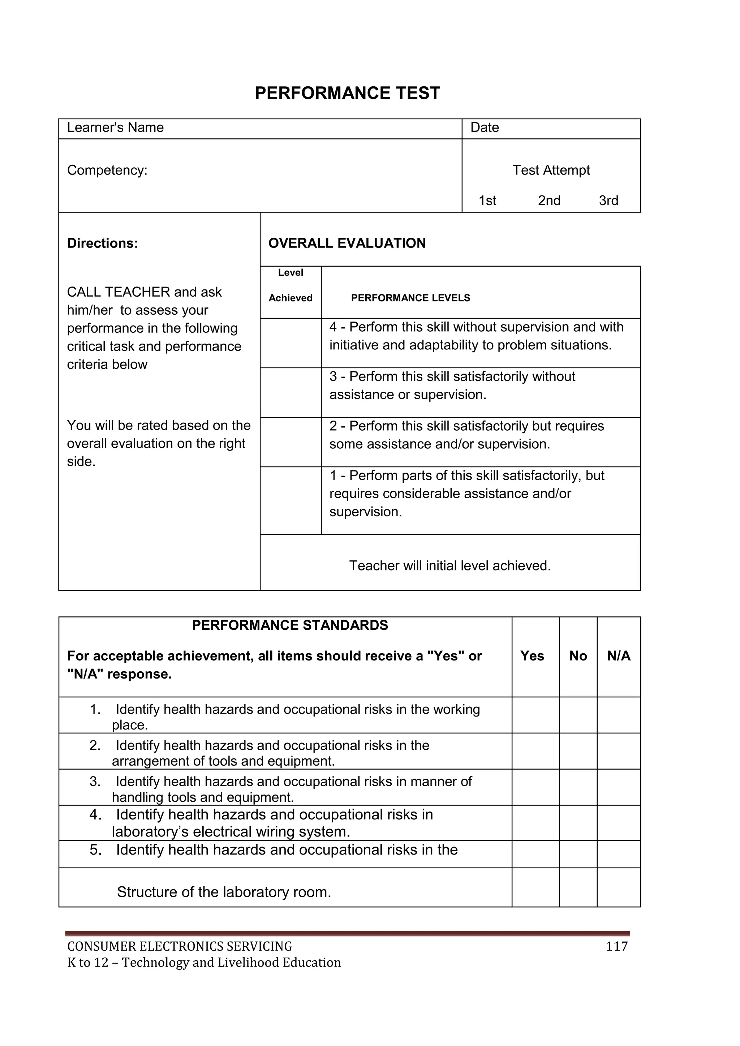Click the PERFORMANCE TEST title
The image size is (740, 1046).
pos(347,93)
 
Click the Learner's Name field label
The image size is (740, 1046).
pos(115,128)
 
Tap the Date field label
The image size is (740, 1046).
pos(485,128)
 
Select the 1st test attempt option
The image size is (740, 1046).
pos(487,201)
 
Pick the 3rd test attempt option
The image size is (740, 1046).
pos(608,201)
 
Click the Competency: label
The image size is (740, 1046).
pos(107,171)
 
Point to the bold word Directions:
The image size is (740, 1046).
pos(103,243)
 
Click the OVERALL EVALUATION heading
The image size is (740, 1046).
pos(347,243)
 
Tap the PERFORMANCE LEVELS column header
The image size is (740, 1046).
pos(410,298)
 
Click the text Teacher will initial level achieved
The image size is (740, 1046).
pos(450,566)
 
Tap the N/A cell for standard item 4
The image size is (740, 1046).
pos(618,823)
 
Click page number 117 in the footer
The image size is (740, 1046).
pos(616,946)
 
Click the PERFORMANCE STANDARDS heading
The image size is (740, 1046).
pos(290,625)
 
